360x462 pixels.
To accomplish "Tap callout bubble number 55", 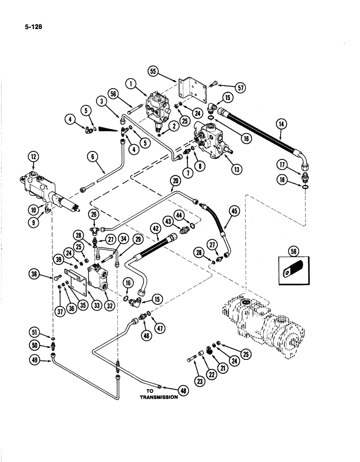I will click(x=153, y=71).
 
